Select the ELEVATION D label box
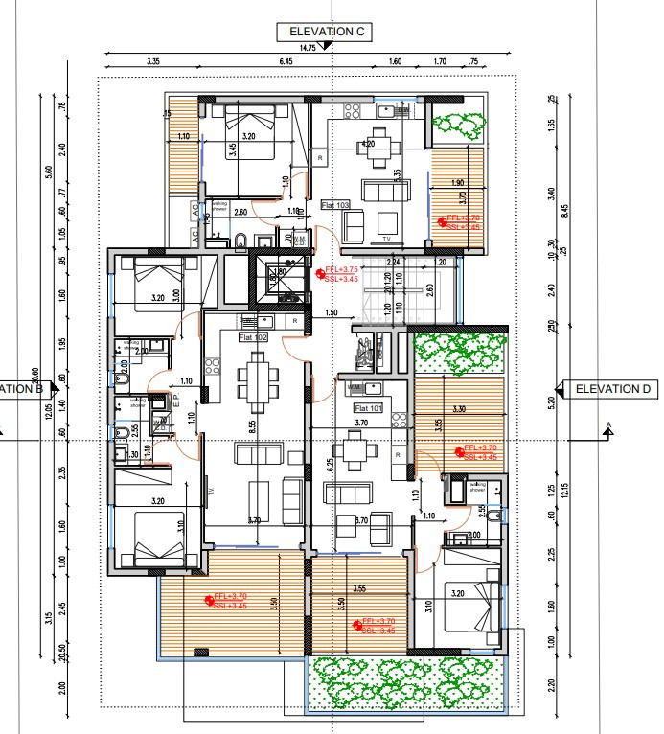tap(614, 389)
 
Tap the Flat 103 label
tap(335, 204)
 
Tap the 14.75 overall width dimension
tap(308, 48)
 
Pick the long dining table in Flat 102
tap(256, 381)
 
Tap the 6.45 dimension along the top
tap(285, 61)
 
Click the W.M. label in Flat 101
tap(355, 388)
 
